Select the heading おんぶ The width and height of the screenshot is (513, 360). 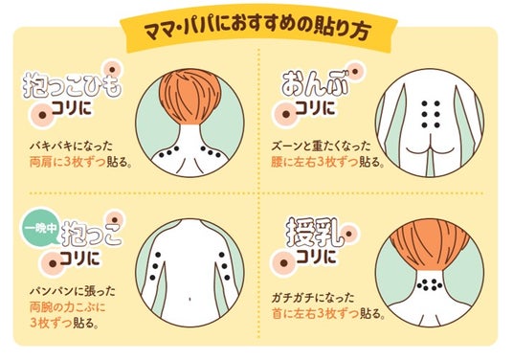(x=315, y=84)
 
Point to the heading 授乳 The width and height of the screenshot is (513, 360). (x=315, y=234)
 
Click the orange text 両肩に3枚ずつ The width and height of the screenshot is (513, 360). (x=68, y=163)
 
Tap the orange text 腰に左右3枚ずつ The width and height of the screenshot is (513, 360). (x=315, y=162)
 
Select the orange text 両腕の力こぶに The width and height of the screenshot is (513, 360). (x=67, y=307)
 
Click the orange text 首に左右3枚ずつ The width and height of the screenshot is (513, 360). (x=315, y=313)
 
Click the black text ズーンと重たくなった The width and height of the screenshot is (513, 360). (x=321, y=146)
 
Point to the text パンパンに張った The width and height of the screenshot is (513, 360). (x=73, y=291)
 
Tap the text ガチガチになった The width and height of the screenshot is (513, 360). (x=313, y=298)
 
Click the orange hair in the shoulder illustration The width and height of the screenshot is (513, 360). (x=190, y=97)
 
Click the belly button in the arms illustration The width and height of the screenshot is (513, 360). (x=190, y=299)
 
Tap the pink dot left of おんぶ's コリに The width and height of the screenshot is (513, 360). (x=286, y=115)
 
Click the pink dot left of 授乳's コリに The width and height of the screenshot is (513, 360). (x=284, y=262)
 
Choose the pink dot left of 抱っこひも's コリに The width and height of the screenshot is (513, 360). (x=42, y=115)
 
